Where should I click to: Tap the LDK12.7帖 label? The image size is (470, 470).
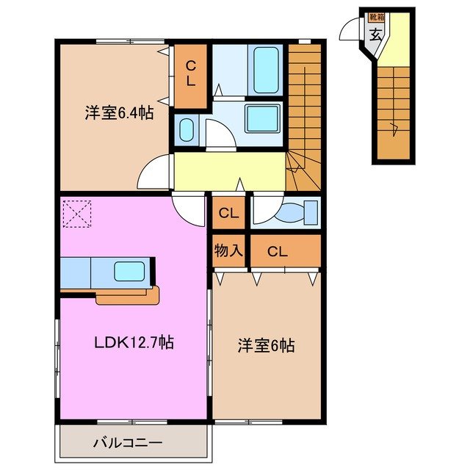tap(133, 342)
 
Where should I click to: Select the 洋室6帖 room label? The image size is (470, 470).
tap(265, 345)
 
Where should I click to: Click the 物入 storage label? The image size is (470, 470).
tap(228, 251)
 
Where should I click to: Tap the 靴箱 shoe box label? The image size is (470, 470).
tap(376, 16)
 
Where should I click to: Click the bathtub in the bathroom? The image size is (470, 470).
tap(267, 70)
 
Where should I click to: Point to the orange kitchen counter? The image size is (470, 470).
tap(129, 295)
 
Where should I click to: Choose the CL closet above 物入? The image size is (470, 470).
tap(228, 214)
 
